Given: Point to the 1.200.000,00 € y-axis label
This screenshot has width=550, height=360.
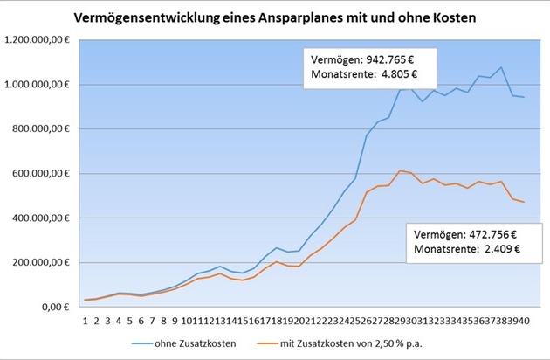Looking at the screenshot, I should pyautogui.click(x=40, y=40).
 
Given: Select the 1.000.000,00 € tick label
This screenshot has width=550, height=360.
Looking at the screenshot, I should pyautogui.click(x=40, y=85).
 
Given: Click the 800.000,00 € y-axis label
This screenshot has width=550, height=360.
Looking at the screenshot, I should pyautogui.click(x=44, y=129).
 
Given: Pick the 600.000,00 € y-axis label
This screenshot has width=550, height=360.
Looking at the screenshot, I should pyautogui.click(x=44, y=174).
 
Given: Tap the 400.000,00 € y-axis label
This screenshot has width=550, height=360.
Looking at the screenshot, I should pyautogui.click(x=44, y=218).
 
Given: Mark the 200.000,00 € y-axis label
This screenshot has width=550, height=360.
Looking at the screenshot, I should pyautogui.click(x=44, y=263).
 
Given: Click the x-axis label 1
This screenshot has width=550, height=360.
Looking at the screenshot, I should pyautogui.click(x=86, y=321).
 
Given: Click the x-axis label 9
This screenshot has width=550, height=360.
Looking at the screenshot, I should pyautogui.click(x=175, y=321).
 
